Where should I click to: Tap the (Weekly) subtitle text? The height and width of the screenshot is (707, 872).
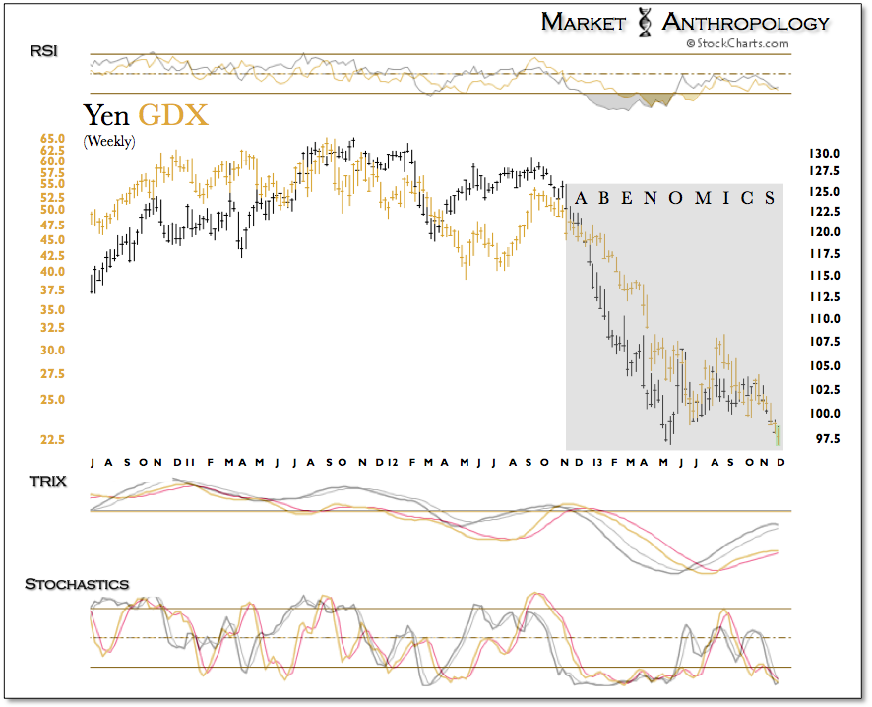(109, 141)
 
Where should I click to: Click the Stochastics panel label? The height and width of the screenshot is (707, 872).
(77, 584)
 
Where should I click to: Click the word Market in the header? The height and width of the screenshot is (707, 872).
(583, 22)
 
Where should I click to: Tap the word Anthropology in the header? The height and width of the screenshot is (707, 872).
(745, 22)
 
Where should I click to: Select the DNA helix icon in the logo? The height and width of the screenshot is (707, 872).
(645, 22)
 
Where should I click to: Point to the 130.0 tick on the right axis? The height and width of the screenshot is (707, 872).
(823, 155)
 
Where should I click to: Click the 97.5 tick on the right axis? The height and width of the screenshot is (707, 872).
(823, 438)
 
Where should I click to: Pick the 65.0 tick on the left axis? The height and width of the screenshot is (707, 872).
(53, 139)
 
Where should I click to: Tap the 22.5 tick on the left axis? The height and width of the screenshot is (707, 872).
(53, 440)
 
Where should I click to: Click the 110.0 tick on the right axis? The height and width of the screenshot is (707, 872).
(823, 319)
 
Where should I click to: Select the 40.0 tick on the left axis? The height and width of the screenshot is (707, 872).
(53, 272)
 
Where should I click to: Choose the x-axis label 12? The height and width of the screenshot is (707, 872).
(392, 462)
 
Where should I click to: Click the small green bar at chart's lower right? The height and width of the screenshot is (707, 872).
(779, 433)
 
